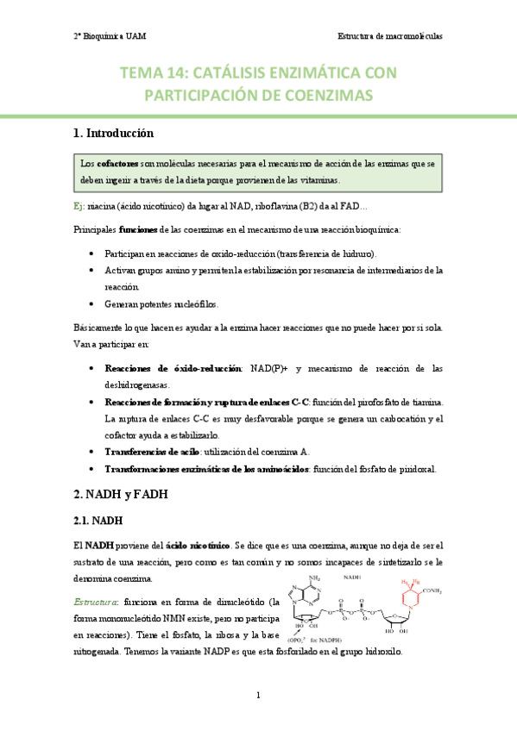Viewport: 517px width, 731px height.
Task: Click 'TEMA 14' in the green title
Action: [x=152, y=73]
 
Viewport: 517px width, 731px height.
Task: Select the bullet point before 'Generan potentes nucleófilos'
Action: [x=92, y=304]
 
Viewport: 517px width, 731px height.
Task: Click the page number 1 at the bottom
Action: [x=258, y=695]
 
